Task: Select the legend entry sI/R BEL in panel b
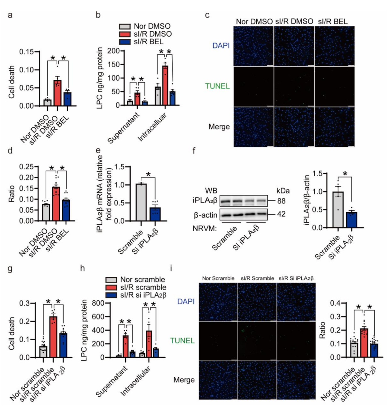tap(148, 42)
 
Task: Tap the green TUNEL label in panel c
tap(217, 86)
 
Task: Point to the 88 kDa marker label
tap(281, 201)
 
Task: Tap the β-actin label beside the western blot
tap(205, 214)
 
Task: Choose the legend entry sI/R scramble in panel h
tap(143, 287)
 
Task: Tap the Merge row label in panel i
tap(184, 380)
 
